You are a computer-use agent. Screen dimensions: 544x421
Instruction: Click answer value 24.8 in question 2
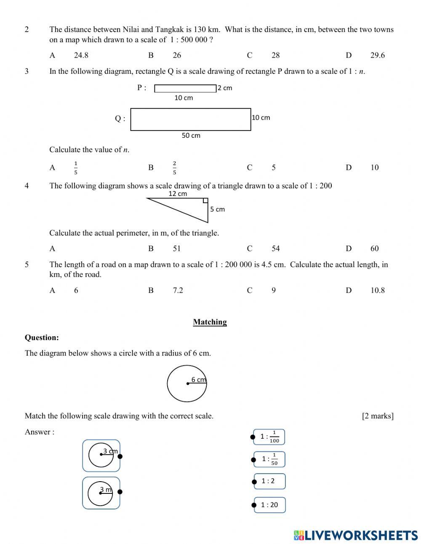(81, 55)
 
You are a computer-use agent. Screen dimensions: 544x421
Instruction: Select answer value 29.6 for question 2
(377, 55)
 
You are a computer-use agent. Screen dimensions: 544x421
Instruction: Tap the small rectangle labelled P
(185, 88)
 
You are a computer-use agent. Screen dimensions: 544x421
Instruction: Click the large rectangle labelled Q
(190, 119)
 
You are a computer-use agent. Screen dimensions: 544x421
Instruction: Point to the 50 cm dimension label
(191, 136)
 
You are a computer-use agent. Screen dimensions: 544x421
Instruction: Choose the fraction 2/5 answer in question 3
(174, 167)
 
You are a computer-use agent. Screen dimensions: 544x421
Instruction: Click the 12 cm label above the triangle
(178, 194)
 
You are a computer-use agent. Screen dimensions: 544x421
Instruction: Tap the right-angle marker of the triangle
(205, 201)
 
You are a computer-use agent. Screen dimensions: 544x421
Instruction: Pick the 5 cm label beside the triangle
(217, 209)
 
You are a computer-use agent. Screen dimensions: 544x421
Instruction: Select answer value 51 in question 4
(177, 249)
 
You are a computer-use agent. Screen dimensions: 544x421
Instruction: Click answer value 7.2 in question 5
(178, 290)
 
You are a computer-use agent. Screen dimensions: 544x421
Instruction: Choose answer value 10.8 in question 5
(377, 290)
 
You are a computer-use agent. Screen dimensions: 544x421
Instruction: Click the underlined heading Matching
(210, 322)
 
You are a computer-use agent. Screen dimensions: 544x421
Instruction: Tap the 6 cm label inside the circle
(198, 380)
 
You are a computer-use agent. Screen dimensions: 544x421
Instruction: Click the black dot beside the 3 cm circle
(120, 456)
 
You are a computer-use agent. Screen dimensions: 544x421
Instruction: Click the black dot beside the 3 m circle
(120, 492)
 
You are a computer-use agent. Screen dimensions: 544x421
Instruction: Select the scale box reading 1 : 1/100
(269, 437)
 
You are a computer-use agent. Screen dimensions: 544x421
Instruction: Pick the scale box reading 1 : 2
(269, 481)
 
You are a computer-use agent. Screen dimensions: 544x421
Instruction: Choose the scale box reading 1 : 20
(269, 505)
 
